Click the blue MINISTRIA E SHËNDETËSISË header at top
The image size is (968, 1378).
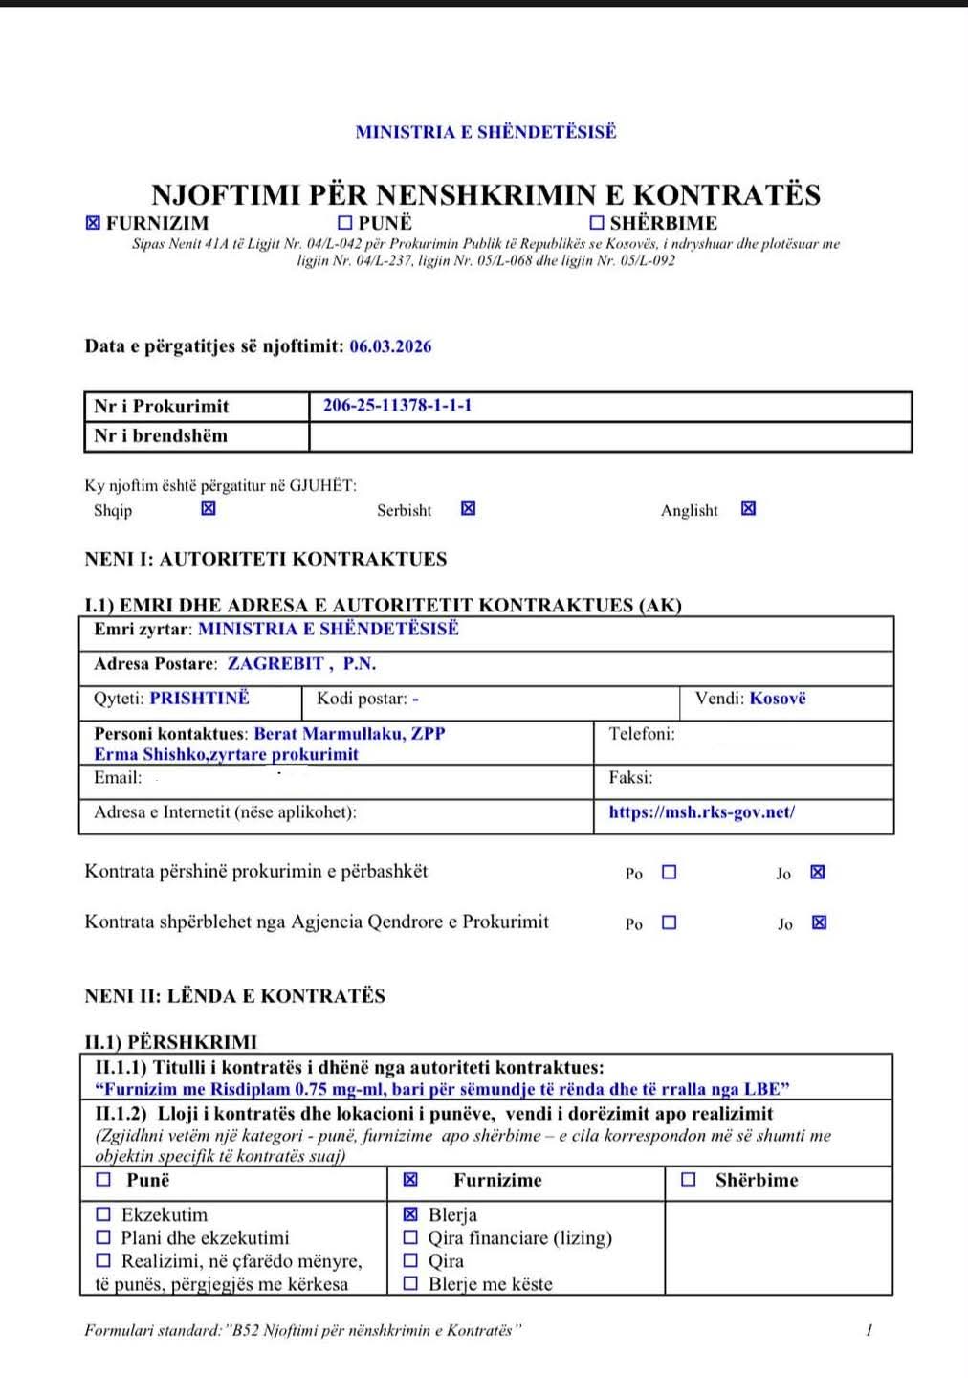click(x=486, y=132)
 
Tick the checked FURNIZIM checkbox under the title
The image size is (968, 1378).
click(x=93, y=223)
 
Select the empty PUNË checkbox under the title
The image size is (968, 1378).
click(x=345, y=223)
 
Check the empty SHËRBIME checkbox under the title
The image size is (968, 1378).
click(x=597, y=223)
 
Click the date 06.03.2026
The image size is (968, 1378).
click(x=390, y=346)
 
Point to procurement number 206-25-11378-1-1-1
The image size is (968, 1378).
click(x=397, y=406)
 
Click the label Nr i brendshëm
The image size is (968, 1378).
click(x=161, y=436)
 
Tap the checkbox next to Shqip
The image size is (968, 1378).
click(x=209, y=508)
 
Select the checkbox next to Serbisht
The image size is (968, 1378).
click(x=468, y=508)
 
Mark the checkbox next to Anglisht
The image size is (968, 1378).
click(x=748, y=508)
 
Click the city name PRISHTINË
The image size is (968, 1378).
click(x=199, y=699)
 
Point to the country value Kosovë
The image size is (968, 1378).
click(x=778, y=699)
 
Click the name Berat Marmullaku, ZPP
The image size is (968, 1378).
click(x=349, y=734)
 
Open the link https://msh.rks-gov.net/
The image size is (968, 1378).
click(x=701, y=812)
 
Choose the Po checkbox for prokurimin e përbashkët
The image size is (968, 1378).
click(x=669, y=872)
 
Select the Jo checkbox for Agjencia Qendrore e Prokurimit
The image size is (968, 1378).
click(x=819, y=922)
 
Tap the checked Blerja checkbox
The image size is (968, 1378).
click(x=410, y=1214)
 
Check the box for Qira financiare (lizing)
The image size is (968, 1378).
click(x=410, y=1237)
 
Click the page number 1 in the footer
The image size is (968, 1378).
click(x=869, y=1330)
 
